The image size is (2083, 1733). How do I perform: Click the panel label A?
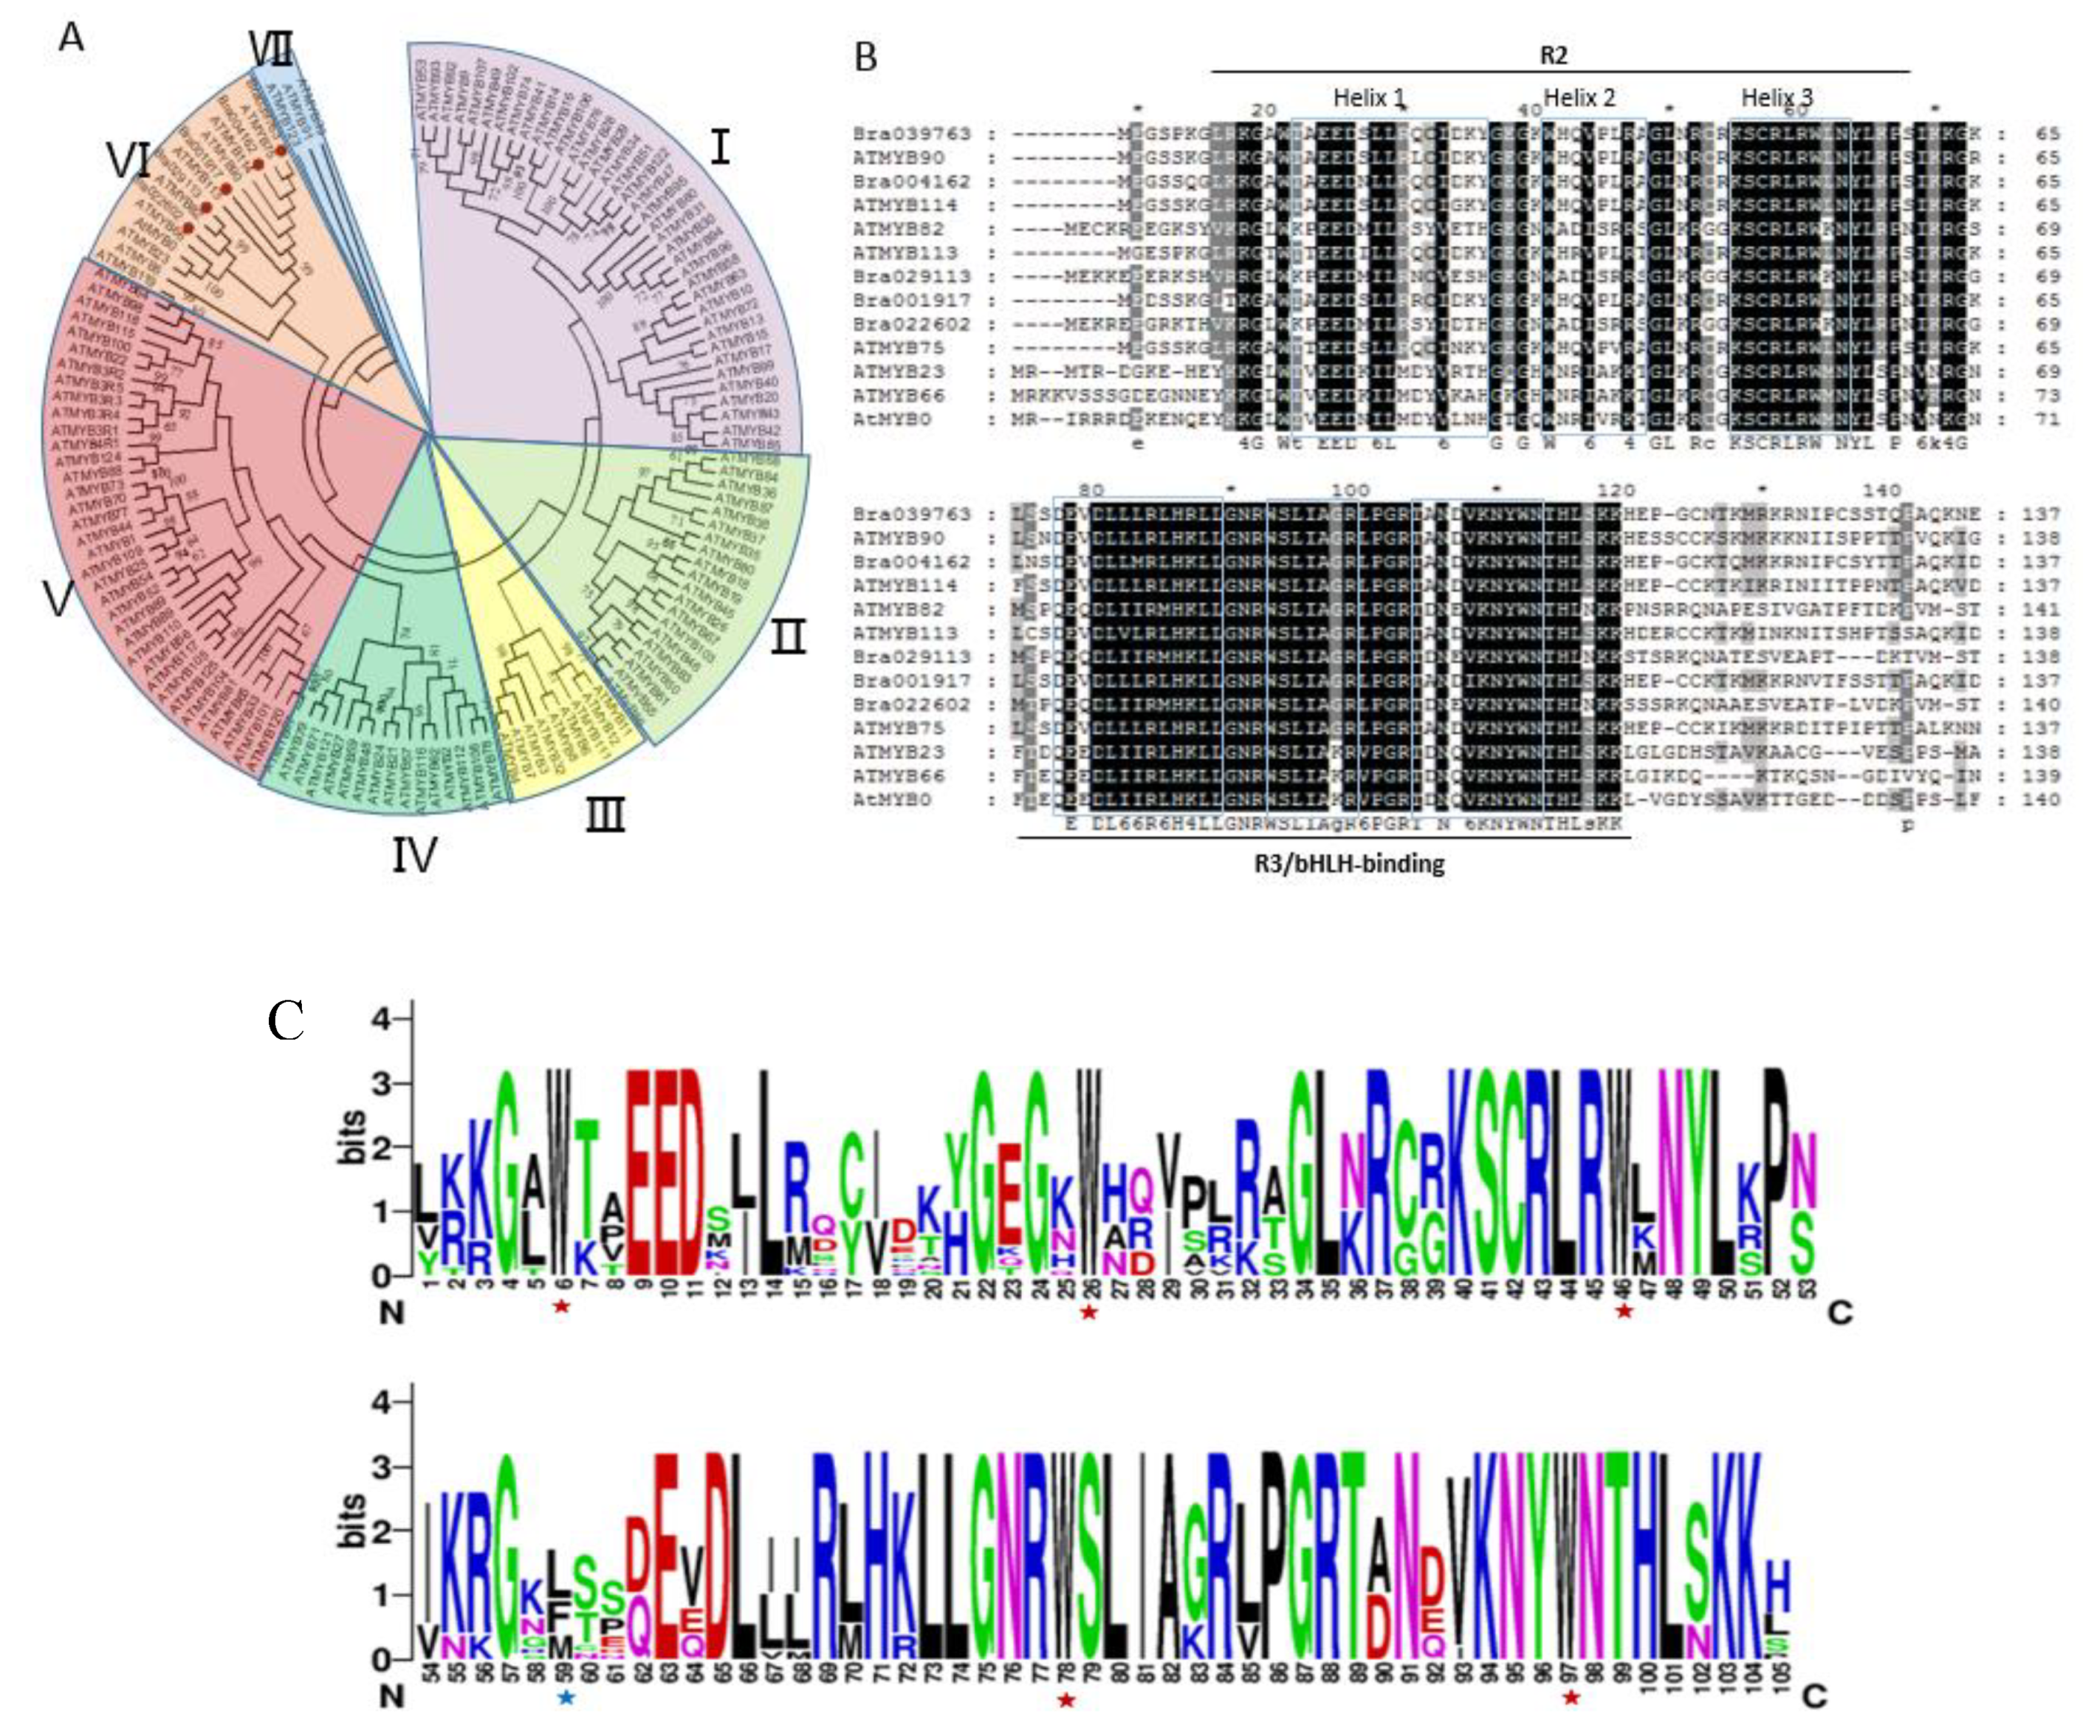click(72, 38)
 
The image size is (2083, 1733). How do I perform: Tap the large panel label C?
click(286, 1020)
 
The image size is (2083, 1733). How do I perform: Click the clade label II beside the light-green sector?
click(789, 636)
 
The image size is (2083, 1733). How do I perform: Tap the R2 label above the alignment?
click(1554, 55)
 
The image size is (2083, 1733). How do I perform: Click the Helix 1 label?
click(1369, 97)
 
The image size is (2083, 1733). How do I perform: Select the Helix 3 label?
click(1777, 97)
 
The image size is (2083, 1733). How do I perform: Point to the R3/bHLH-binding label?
click(1349, 863)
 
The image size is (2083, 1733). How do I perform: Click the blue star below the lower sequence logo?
click(566, 1698)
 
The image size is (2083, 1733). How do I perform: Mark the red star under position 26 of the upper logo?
click(1089, 1312)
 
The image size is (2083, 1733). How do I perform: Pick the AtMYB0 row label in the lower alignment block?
click(892, 800)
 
